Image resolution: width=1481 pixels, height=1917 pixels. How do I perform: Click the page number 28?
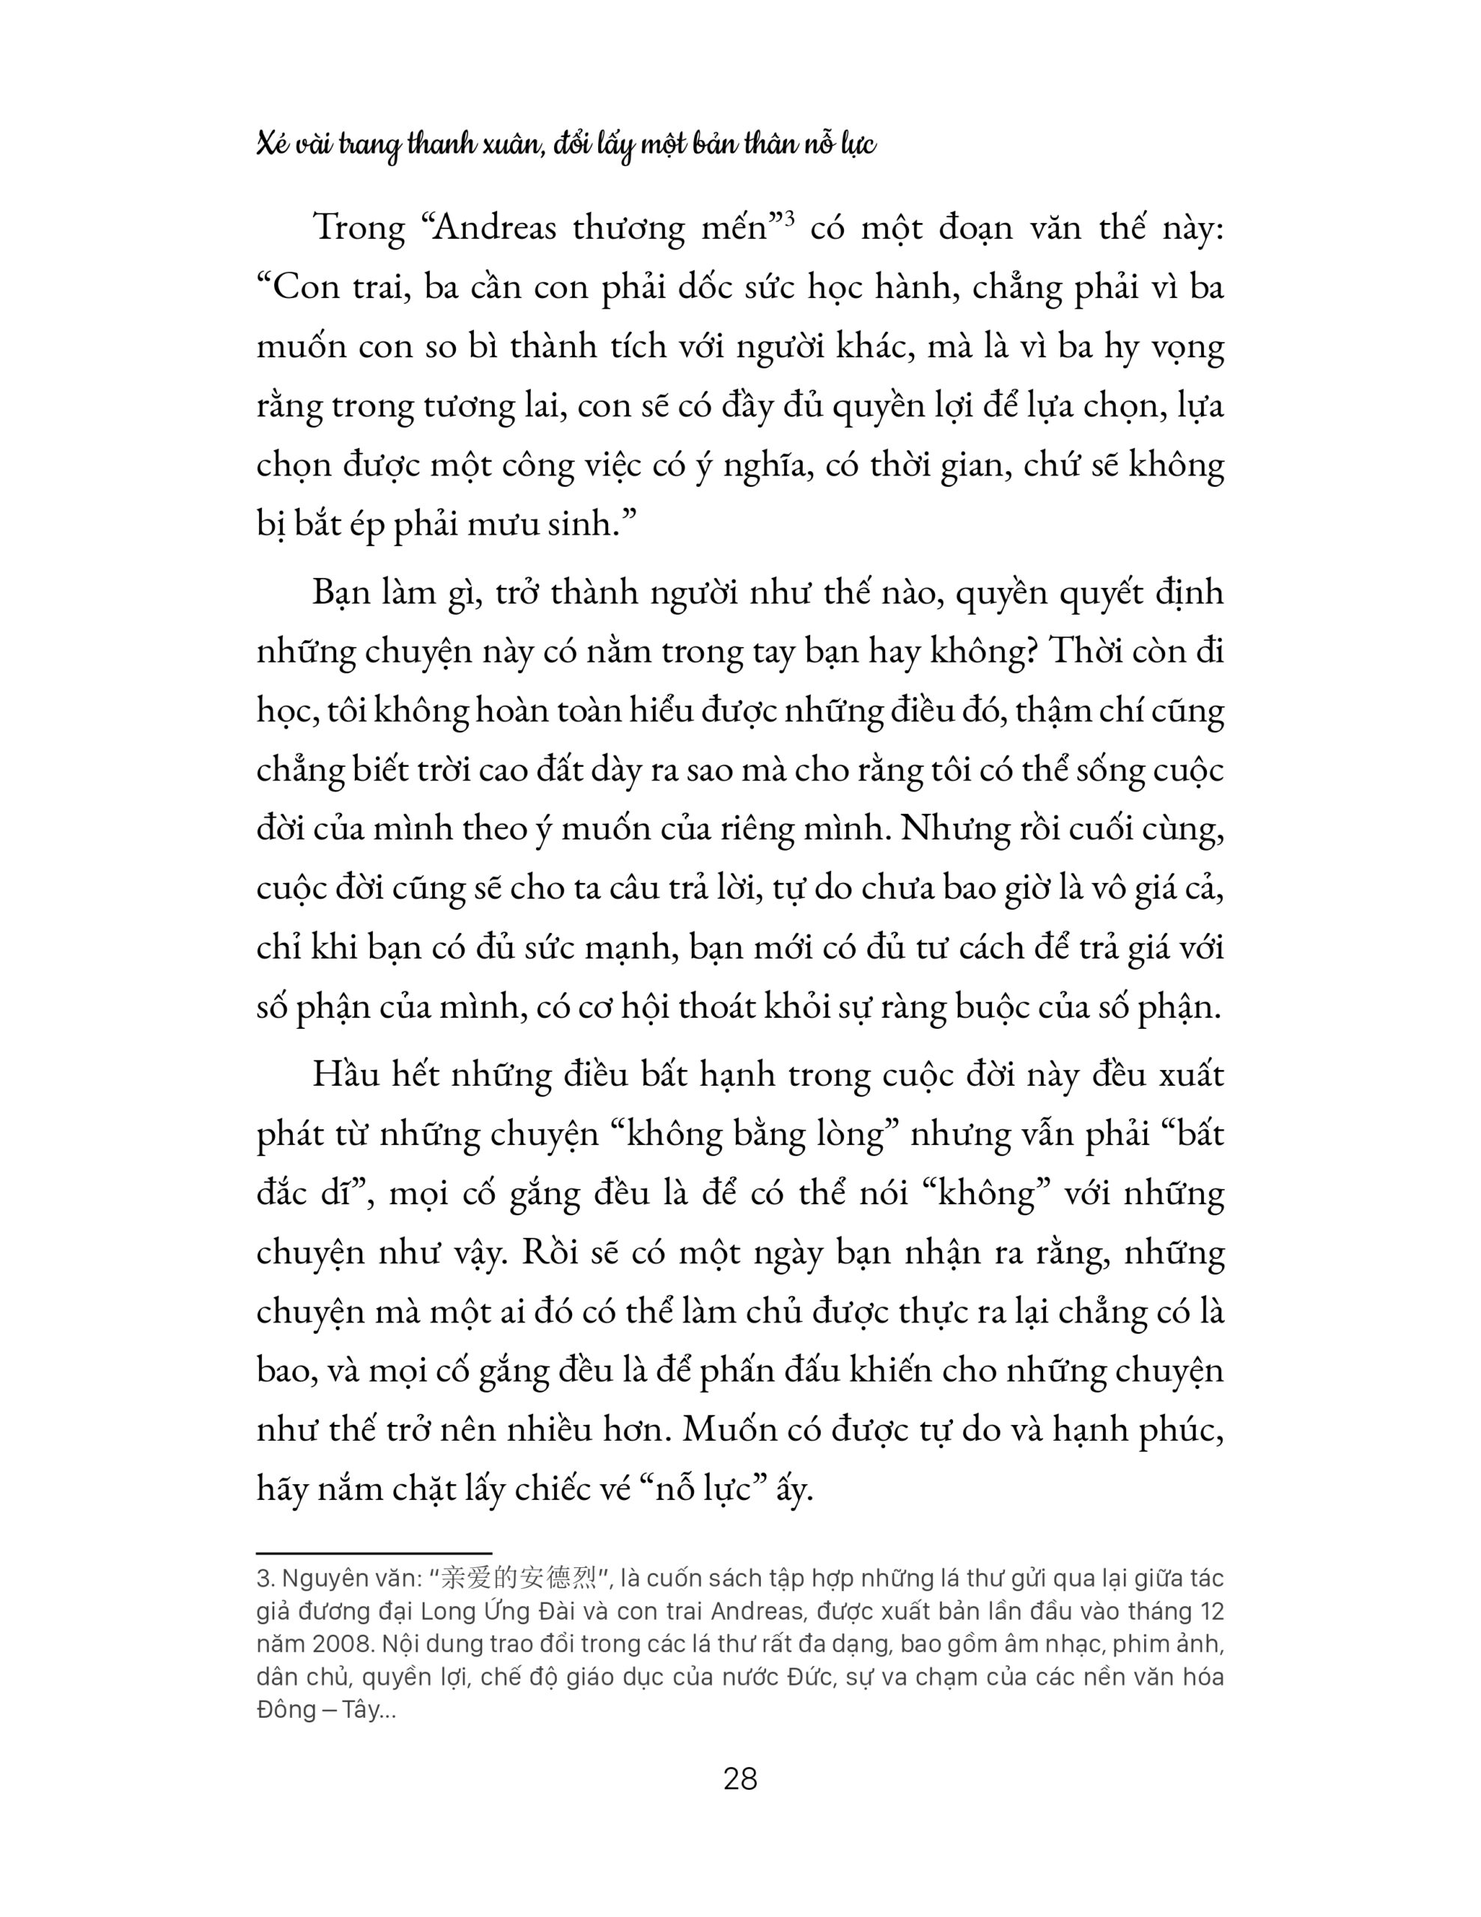[x=739, y=1779]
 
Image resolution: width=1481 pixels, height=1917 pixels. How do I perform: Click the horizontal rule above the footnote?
[x=373, y=1554]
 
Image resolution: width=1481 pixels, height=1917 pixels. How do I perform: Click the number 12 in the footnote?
[x=1209, y=1611]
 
